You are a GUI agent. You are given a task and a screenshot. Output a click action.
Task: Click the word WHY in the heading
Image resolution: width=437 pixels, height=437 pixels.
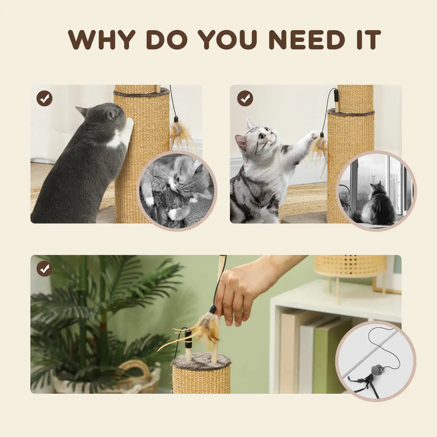pyautogui.click(x=102, y=39)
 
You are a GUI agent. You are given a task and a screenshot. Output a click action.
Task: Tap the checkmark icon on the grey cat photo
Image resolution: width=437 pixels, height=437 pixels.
pyautogui.click(x=44, y=98)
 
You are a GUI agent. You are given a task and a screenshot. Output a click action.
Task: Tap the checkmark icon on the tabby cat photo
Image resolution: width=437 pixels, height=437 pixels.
pyautogui.click(x=245, y=98)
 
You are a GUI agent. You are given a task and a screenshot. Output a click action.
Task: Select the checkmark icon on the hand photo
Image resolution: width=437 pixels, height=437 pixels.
pyautogui.click(x=44, y=268)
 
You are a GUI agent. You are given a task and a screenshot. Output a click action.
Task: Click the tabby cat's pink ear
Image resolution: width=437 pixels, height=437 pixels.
pyautogui.click(x=240, y=142)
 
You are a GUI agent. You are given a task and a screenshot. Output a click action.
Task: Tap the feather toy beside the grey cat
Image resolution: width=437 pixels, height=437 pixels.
pyautogui.click(x=182, y=134)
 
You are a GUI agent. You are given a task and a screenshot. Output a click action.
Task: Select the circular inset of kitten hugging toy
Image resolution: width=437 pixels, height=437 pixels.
pyautogui.click(x=177, y=190)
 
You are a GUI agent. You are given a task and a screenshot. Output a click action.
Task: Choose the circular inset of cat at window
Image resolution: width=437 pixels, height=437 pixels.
pyautogui.click(x=376, y=190)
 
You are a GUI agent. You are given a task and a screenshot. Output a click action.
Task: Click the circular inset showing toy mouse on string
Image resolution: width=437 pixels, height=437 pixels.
pyautogui.click(x=375, y=360)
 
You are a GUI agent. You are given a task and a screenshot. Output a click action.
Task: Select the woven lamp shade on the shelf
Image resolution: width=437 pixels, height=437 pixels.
pyautogui.click(x=350, y=265)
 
